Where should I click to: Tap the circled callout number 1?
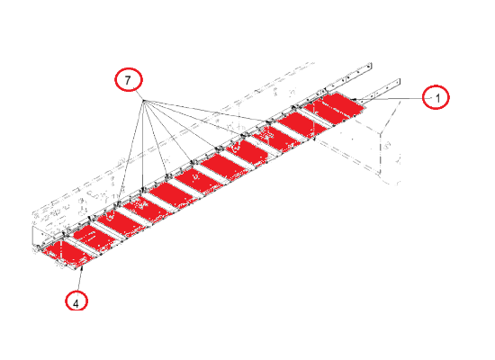tap(436, 97)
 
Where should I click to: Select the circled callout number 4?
tap(76, 301)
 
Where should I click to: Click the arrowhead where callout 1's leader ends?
tap(354, 100)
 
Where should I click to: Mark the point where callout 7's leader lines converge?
tap(144, 101)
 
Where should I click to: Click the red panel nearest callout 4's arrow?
tap(67, 253)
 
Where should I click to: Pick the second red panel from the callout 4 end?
tap(94, 238)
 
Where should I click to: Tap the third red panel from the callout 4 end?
tap(120, 223)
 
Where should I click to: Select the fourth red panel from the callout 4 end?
tap(146, 209)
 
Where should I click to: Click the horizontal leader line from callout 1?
tap(391, 99)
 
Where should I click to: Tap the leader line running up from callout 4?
tap(80, 281)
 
